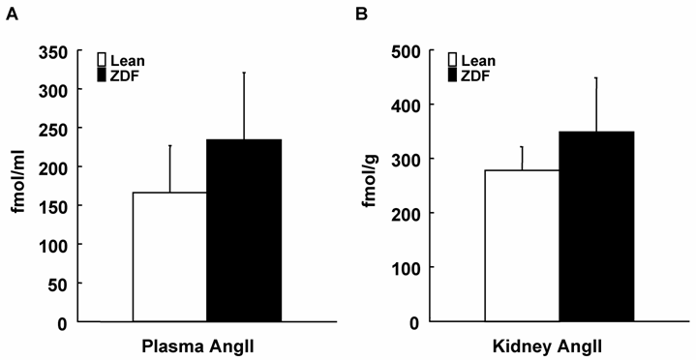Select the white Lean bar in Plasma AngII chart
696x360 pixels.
click(169, 256)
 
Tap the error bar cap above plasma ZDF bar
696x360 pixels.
click(244, 73)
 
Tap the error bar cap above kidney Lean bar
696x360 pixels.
click(522, 147)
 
